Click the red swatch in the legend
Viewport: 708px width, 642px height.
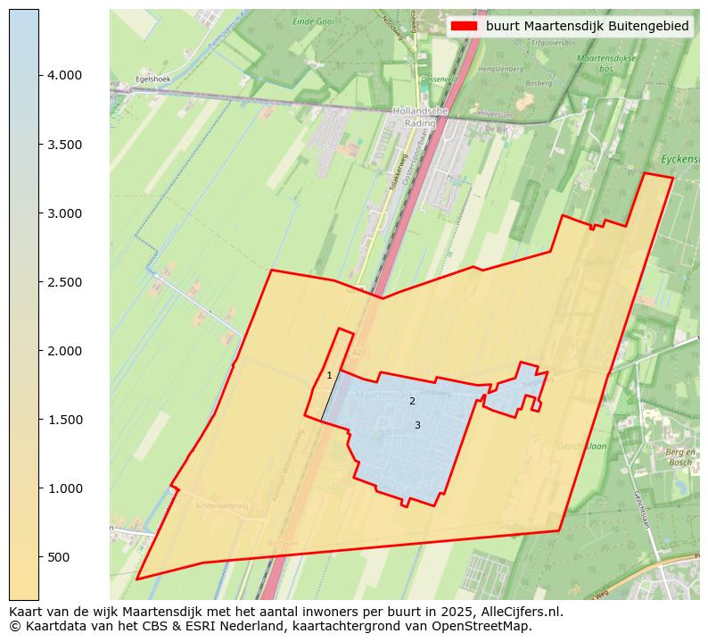tap(465, 26)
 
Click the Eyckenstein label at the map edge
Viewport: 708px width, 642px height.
tap(681, 160)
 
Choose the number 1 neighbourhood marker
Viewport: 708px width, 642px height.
tap(329, 376)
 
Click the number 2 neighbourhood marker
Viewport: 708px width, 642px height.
tap(412, 402)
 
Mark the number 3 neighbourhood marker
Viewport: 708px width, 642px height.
tap(417, 426)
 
